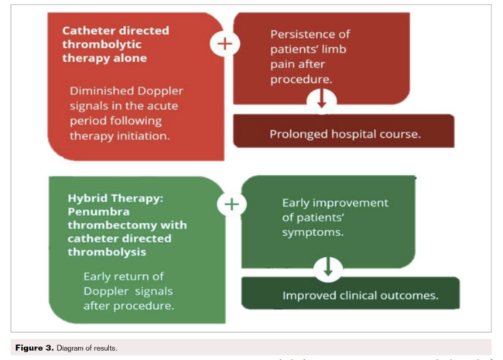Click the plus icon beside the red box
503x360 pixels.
tap(224, 43)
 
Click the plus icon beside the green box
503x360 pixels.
tap(232, 204)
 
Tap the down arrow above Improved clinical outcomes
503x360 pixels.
tap(329, 268)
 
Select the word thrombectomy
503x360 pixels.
tap(112, 225)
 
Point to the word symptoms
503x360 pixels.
tap(313, 231)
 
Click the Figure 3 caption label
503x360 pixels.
tap(34, 348)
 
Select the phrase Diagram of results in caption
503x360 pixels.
tap(88, 348)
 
